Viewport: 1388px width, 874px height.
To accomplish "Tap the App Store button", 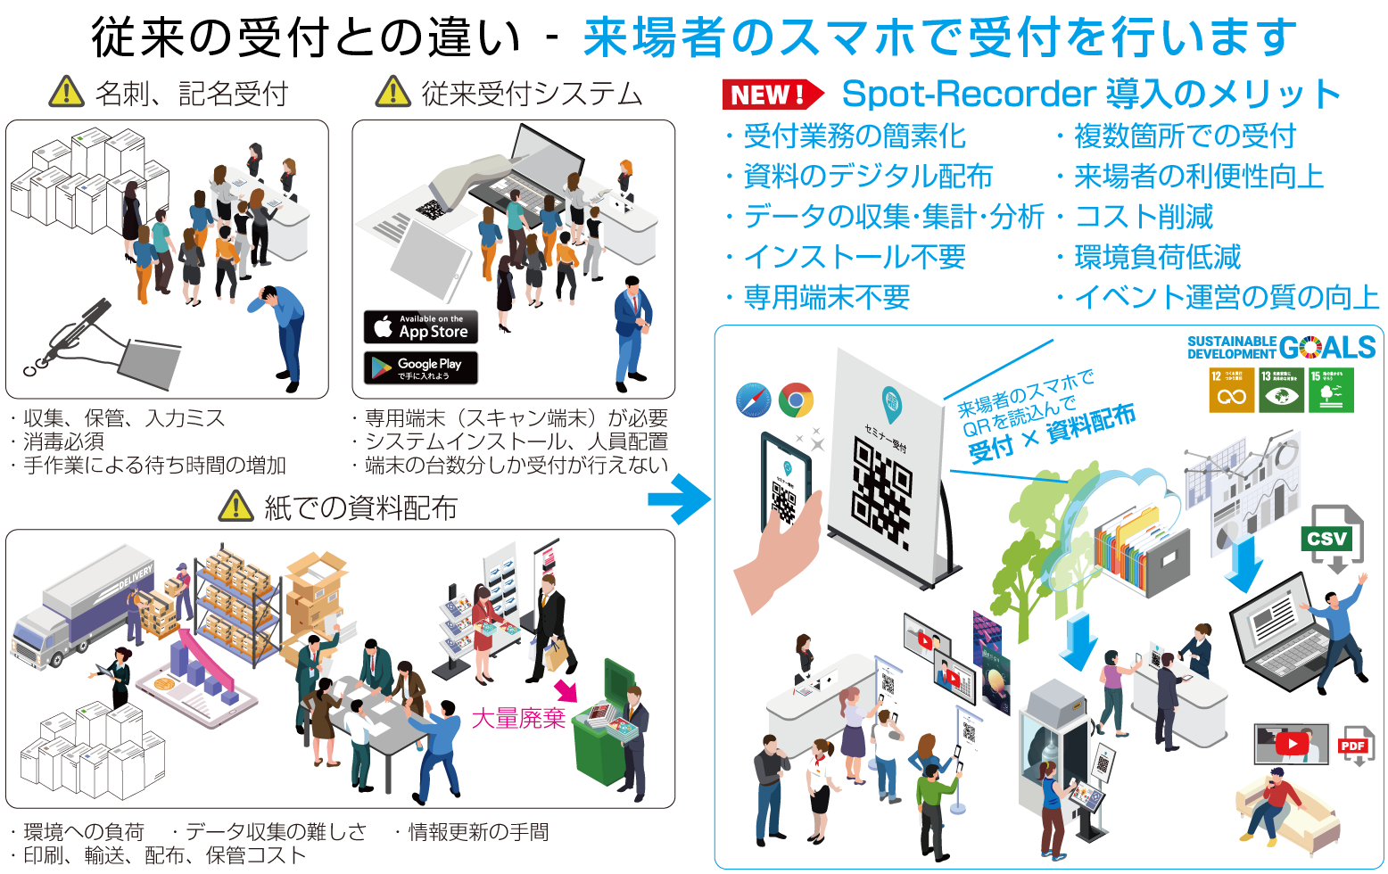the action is pyautogui.click(x=420, y=327).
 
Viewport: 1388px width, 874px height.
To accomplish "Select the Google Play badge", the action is pyautogui.click(x=420, y=367).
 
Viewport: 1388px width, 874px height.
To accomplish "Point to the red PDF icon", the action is pyautogui.click(x=1353, y=746).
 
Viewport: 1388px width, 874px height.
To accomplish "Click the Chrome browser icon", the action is pyautogui.click(x=796, y=400).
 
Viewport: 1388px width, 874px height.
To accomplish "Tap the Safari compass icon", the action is pyautogui.click(x=754, y=400).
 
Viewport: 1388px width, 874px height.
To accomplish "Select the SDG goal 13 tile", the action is pyautogui.click(x=1281, y=390).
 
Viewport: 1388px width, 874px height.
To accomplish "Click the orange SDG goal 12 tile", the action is pyautogui.click(x=1232, y=390).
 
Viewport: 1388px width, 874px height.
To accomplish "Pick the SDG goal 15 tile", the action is pyautogui.click(x=1331, y=390).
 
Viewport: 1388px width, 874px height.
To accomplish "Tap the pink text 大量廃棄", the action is pyautogui.click(x=517, y=718).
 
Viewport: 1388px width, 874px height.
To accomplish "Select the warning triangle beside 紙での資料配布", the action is pyautogui.click(x=236, y=507).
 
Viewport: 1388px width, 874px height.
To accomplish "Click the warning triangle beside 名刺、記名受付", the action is pyautogui.click(x=67, y=92).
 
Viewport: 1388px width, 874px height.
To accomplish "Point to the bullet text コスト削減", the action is pyautogui.click(x=1144, y=217).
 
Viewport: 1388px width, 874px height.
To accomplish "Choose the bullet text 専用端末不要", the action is pyautogui.click(x=827, y=297).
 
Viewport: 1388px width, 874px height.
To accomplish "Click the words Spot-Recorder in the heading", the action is pyautogui.click(x=969, y=94).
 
